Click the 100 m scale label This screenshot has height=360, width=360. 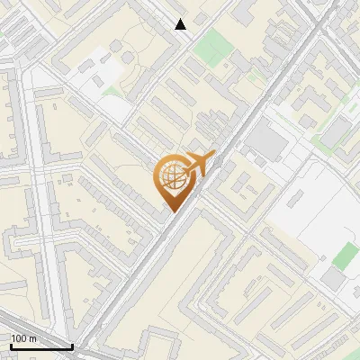pyautogui.click(x=24, y=338)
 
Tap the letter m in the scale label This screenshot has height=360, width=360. pyautogui.click(x=32, y=338)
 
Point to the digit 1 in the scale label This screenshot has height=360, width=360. pyautogui.click(x=13, y=338)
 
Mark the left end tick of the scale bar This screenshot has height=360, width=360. pyautogui.click(x=10, y=346)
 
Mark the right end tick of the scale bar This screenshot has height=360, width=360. pyautogui.click(x=72, y=346)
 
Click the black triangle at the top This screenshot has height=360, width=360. pyautogui.click(x=181, y=24)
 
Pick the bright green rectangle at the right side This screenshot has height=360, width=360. pyautogui.click(x=346, y=256)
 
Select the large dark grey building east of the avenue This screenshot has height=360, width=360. pyautogui.click(x=265, y=139)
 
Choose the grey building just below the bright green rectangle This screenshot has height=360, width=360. pyautogui.click(x=333, y=279)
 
